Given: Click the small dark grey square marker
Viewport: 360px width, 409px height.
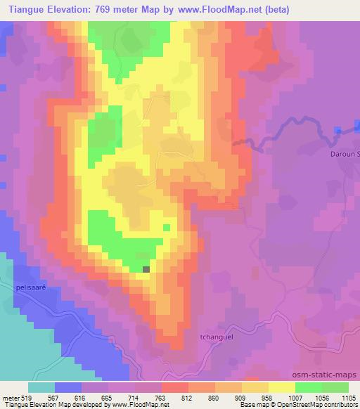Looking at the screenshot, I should [146, 268].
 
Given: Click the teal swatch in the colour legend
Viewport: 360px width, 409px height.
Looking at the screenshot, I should [41, 387].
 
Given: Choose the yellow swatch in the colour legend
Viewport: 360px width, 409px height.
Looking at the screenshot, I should [282, 387].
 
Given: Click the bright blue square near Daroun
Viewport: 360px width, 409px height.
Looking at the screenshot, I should [338, 131].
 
